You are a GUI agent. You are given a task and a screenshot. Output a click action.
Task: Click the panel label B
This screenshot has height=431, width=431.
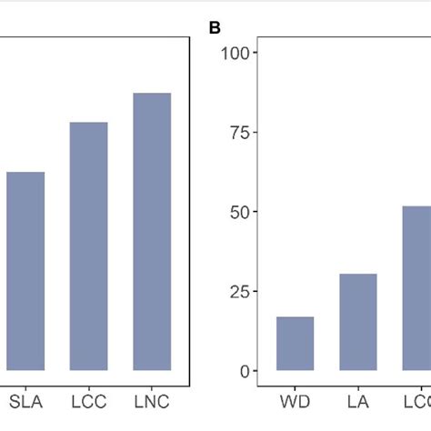tap(215, 28)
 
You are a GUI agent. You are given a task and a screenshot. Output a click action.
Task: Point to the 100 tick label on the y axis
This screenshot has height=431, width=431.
tap(235, 53)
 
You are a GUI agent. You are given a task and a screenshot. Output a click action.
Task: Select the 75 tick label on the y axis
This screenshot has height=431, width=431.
tap(239, 133)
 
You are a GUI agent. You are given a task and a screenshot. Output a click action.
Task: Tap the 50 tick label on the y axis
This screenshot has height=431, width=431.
tap(239, 212)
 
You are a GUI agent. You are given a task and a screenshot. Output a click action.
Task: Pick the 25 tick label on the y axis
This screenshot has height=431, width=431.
tap(239, 292)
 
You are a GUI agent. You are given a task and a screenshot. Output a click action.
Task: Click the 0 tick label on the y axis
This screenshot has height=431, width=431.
tap(244, 371)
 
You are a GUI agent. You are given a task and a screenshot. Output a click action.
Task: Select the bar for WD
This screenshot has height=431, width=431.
tap(295, 344)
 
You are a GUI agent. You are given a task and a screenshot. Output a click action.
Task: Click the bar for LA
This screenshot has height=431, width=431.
tap(358, 323)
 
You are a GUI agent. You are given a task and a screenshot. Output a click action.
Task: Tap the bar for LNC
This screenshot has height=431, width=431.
tap(152, 232)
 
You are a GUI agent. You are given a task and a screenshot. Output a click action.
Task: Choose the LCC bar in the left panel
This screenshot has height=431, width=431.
tap(88, 246)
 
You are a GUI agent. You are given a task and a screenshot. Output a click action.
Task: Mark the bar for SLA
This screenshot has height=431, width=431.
tap(25, 271)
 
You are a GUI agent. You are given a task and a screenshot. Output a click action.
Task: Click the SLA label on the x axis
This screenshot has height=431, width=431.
tap(25, 400)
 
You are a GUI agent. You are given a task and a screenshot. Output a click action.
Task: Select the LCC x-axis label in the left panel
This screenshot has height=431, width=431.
tap(88, 400)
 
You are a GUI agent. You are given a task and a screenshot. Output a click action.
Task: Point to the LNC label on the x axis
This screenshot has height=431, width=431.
tap(152, 400)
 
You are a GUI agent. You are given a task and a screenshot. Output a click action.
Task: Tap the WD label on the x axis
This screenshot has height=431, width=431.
tap(295, 400)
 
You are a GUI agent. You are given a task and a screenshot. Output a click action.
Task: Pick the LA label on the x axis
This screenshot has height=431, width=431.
tap(358, 400)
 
